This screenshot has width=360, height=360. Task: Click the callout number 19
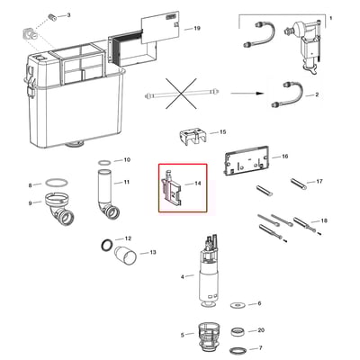coord(197,29)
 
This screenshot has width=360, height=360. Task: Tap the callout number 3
coord(68,14)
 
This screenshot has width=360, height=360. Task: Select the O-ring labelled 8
coord(57,183)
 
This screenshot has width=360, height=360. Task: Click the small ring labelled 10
coord(104,163)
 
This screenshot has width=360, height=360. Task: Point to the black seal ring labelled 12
coord(107,245)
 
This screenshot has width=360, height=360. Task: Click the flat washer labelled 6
coord(238,305)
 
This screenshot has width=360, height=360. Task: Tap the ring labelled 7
coord(238,351)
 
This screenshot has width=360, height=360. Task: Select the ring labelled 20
coord(239,332)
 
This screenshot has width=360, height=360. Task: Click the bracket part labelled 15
coord(193,137)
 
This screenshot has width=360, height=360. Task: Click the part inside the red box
coord(172,188)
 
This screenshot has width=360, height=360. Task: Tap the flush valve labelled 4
coord(208,271)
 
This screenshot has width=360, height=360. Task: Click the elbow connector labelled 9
coord(60,210)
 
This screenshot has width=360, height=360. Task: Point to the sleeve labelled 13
coord(126,255)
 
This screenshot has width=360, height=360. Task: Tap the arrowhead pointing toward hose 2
coord(260,94)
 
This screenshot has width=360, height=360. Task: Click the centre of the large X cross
coord(181,94)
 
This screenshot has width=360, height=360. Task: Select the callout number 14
coord(198,184)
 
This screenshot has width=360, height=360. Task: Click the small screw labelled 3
coord(53,17)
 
